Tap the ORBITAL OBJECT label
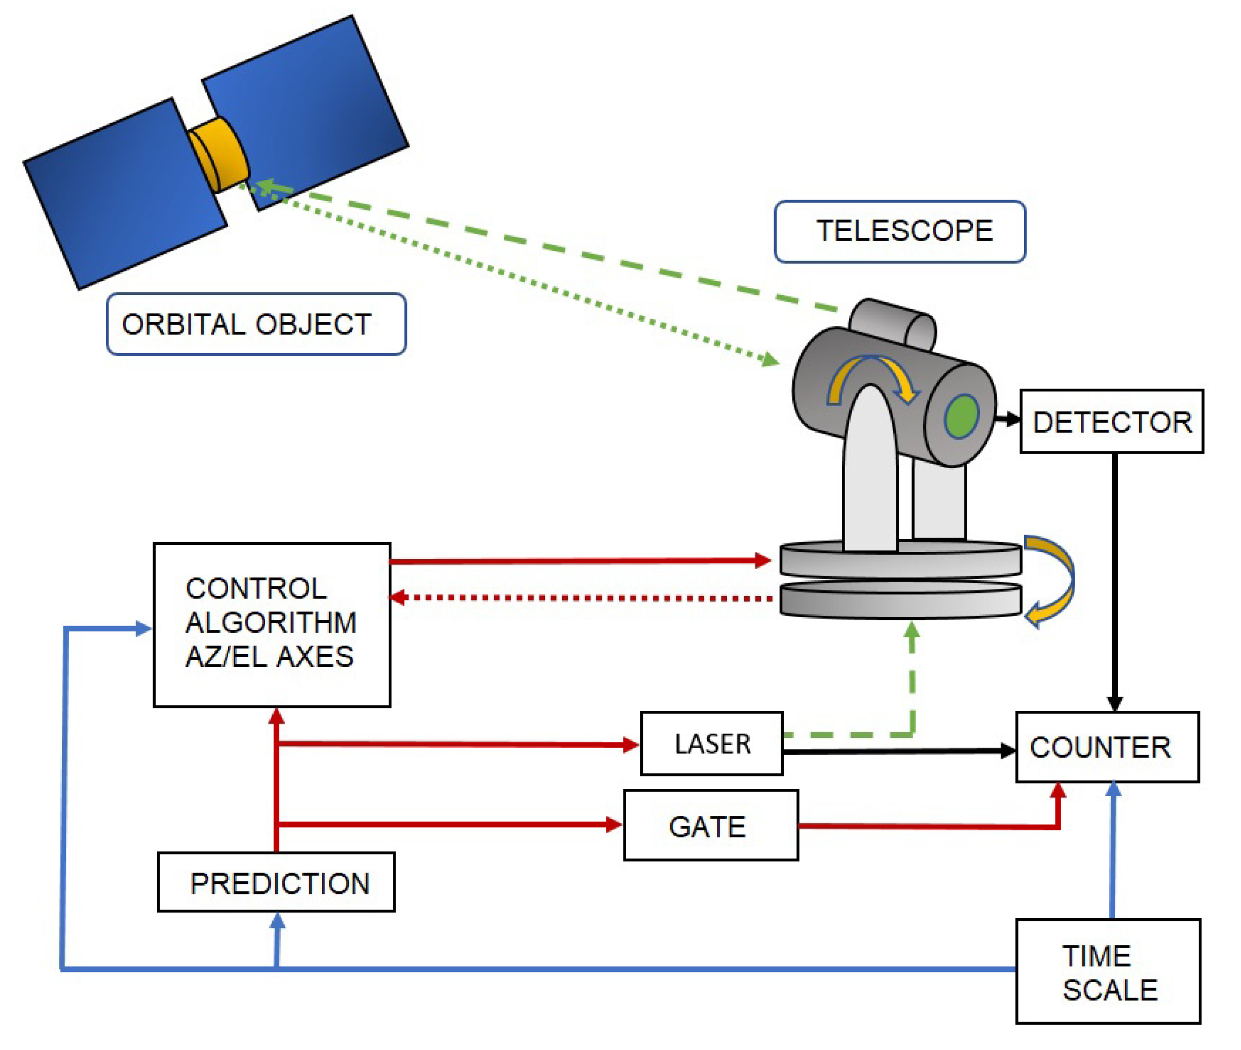(x=255, y=324)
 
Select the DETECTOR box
(x=1111, y=422)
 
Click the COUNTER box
(x=1107, y=746)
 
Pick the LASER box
(x=711, y=743)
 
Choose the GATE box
(x=710, y=825)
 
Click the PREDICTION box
(x=276, y=882)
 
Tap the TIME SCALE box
(x=1107, y=971)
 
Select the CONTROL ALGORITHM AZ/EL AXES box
(x=272, y=624)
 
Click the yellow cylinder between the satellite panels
(x=219, y=154)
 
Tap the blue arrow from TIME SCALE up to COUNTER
(x=1112, y=851)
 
